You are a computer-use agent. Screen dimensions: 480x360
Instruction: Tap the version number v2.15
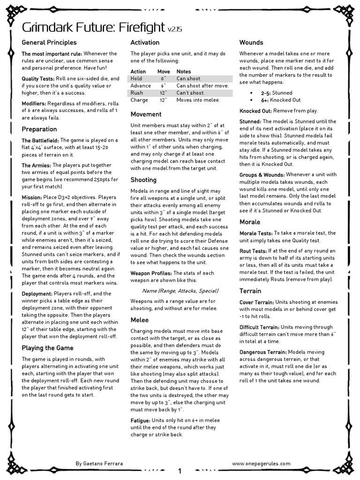(175, 29)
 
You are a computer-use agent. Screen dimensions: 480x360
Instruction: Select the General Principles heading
(49, 43)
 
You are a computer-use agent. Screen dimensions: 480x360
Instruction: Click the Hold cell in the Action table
(136, 79)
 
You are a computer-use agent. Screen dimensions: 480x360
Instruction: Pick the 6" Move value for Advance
(163, 86)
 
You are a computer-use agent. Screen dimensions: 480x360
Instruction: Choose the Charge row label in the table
(139, 100)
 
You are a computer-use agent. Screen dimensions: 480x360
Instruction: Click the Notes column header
(184, 71)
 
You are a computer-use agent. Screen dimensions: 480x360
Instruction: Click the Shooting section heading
(143, 180)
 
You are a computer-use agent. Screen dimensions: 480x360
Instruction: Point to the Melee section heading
(139, 320)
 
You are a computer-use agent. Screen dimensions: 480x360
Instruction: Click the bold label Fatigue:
(140, 420)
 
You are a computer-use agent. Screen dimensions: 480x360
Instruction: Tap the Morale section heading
(250, 222)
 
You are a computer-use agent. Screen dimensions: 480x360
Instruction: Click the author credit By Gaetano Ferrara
(100, 463)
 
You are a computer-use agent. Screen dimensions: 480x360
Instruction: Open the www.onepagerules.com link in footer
(261, 463)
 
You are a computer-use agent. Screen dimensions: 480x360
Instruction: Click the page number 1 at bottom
(180, 471)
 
